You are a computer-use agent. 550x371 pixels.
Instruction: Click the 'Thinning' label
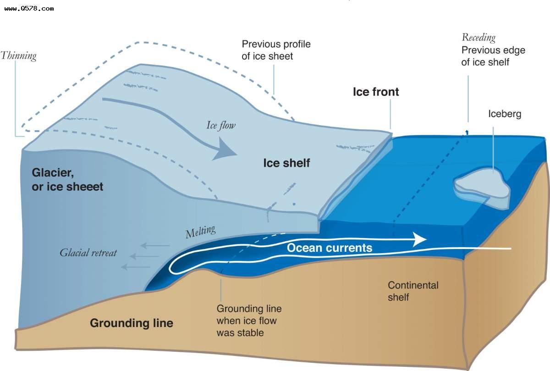(18, 56)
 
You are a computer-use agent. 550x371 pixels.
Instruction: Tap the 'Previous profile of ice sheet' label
(276, 50)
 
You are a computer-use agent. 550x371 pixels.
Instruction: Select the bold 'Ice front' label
(375, 92)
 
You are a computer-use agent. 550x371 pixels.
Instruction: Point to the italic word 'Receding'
(478, 38)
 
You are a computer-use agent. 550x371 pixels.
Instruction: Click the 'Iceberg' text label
(505, 114)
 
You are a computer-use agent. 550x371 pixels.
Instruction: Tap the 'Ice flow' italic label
(220, 125)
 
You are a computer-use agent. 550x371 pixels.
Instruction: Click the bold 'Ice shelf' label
(286, 163)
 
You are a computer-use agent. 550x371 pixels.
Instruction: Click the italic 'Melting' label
(200, 232)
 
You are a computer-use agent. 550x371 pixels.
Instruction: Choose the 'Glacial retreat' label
(88, 253)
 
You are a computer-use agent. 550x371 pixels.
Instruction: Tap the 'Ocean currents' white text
(329, 248)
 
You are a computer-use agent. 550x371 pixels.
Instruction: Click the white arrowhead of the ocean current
(419, 239)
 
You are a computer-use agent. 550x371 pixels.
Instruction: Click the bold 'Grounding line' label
(131, 323)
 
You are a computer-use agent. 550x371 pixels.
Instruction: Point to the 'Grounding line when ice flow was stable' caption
(248, 321)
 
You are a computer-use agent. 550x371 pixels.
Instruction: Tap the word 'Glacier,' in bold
(49, 173)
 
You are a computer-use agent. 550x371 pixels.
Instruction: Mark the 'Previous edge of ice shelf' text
(493, 56)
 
